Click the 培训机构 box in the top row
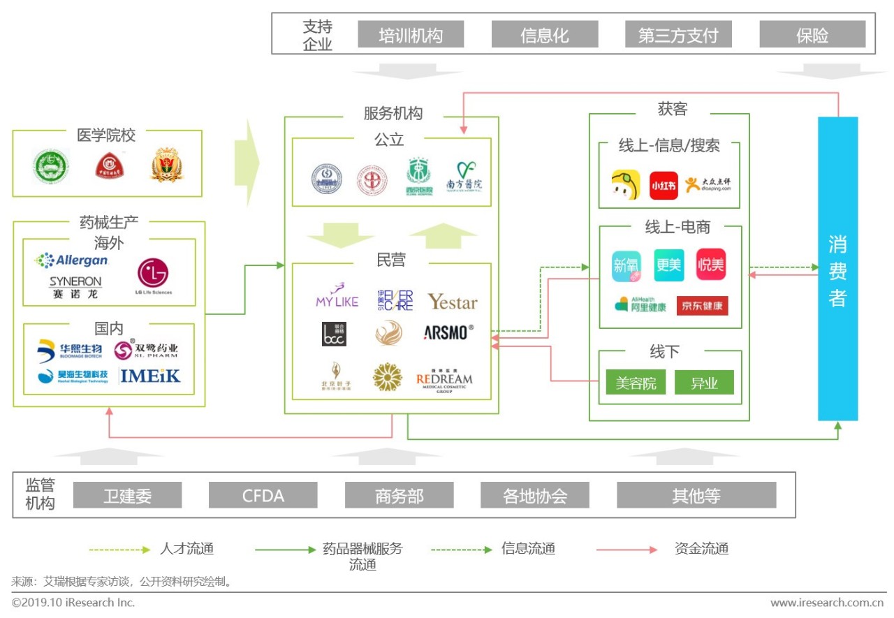click(x=411, y=35)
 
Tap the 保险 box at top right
click(x=812, y=35)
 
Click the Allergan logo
click(x=72, y=260)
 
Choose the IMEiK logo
click(x=150, y=376)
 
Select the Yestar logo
click(x=453, y=302)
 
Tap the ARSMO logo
click(x=448, y=332)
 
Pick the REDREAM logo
click(x=444, y=381)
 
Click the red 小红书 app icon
click(x=664, y=186)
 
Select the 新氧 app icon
click(x=626, y=265)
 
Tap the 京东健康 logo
click(x=702, y=306)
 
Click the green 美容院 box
click(x=636, y=383)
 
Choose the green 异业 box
click(x=704, y=383)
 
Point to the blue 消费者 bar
click(x=837, y=269)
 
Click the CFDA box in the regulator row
click(x=263, y=496)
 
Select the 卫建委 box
click(x=127, y=496)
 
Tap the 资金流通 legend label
click(x=701, y=549)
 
